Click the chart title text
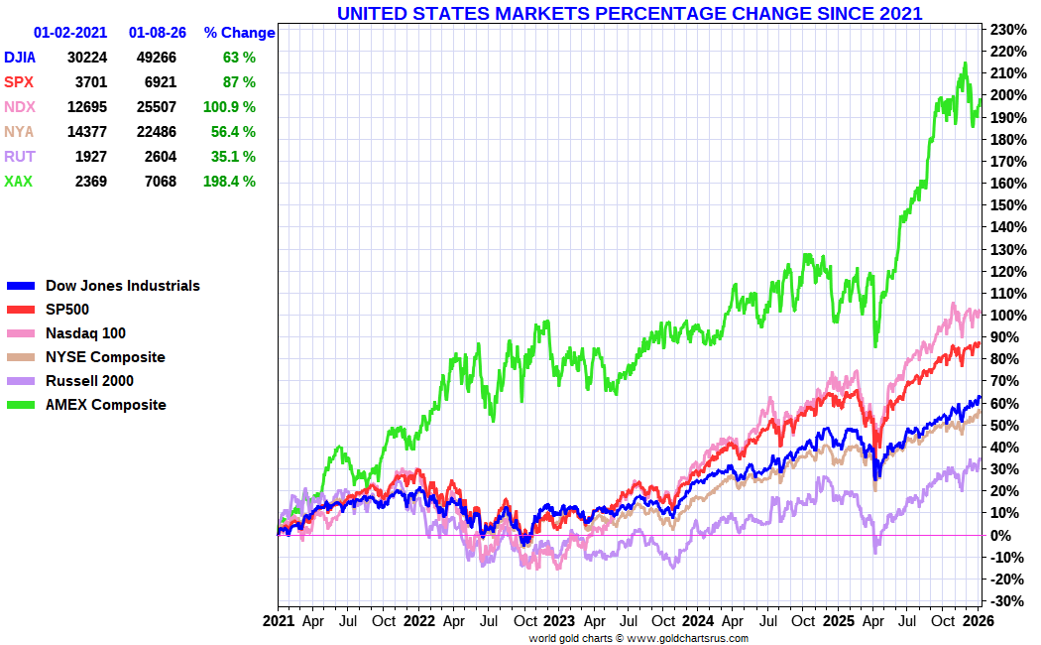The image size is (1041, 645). click(630, 13)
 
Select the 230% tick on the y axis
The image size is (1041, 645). click(1005, 29)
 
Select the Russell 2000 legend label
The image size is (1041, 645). click(89, 381)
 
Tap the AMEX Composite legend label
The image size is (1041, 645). click(105, 405)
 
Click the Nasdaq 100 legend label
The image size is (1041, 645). click(85, 333)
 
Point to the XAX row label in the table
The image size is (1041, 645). click(17, 182)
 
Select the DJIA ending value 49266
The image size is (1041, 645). click(156, 58)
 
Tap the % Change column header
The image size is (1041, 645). click(239, 33)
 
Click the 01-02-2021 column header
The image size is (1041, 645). click(69, 33)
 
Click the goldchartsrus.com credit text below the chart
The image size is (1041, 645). click(638, 638)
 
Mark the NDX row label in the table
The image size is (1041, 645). click(18, 107)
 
